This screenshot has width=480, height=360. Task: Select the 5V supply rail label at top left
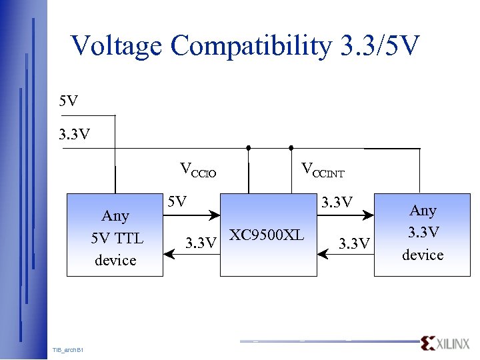[x=68, y=101]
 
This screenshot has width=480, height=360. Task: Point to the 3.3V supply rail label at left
[x=74, y=135]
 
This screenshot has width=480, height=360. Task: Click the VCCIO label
[x=198, y=170]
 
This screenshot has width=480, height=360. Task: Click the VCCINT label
[x=323, y=170]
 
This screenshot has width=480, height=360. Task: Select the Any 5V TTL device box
[x=115, y=235]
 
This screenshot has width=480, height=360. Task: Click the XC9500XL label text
[x=267, y=235]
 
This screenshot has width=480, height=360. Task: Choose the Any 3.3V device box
[x=422, y=233]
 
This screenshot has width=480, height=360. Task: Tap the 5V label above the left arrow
[x=177, y=201]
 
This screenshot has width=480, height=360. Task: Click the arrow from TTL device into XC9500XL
[x=193, y=215]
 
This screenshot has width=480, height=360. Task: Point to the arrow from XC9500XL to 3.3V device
[x=346, y=215]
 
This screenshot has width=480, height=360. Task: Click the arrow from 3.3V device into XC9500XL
[x=346, y=254]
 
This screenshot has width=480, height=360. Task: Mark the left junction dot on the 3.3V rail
[x=248, y=147]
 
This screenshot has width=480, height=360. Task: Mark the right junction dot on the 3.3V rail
[x=291, y=147]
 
